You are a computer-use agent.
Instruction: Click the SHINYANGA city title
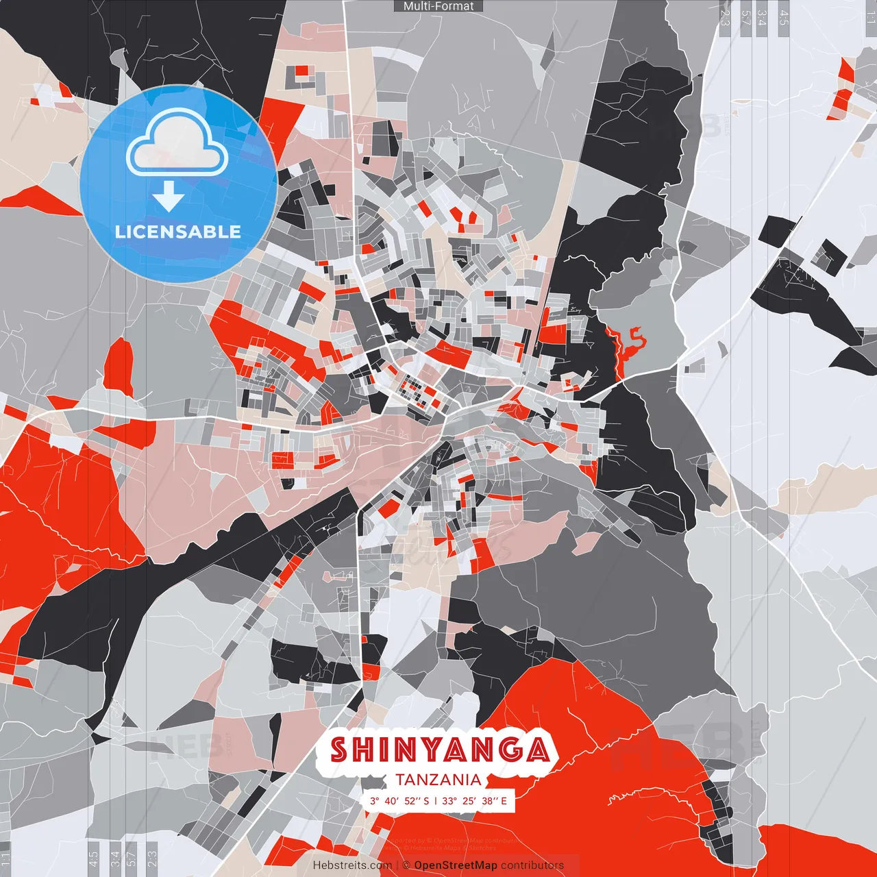pyautogui.click(x=439, y=750)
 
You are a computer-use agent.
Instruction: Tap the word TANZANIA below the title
pyautogui.click(x=438, y=780)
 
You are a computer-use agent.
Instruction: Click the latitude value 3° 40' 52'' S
pyautogui.click(x=399, y=800)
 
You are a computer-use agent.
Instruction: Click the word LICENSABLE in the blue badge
pyautogui.click(x=178, y=232)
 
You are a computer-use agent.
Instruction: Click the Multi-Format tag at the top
pyautogui.click(x=438, y=6)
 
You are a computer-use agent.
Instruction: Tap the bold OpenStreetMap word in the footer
pyautogui.click(x=456, y=865)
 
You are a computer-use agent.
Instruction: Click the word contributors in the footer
pyautogui.click(x=532, y=865)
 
